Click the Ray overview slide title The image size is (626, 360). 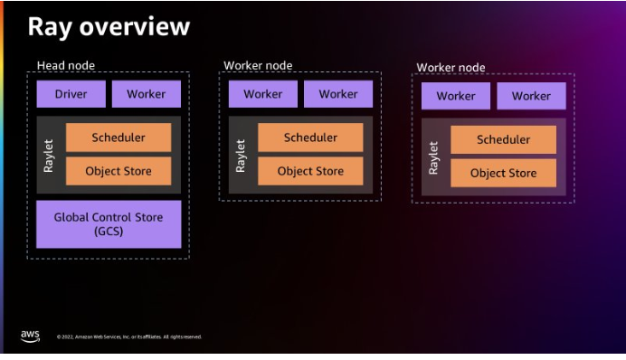point(109,26)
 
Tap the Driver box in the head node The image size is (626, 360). point(71,94)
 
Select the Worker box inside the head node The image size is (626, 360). point(146,94)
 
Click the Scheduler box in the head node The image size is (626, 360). point(118,137)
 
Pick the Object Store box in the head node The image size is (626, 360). point(118,171)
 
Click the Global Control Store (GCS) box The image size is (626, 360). point(109,224)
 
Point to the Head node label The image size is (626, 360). point(65,65)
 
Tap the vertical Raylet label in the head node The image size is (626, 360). point(49,154)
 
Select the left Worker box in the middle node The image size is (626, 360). point(262,94)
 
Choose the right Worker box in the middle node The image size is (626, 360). point(337,94)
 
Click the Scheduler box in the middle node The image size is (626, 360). point(310,137)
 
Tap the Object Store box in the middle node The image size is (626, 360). point(310,171)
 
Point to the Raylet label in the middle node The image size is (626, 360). point(241,154)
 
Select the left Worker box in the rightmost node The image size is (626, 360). point(455,96)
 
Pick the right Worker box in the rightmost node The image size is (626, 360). point(530,96)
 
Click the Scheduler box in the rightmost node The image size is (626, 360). point(503,139)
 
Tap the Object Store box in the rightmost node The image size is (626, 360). point(503,173)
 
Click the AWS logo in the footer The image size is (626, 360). point(30,336)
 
